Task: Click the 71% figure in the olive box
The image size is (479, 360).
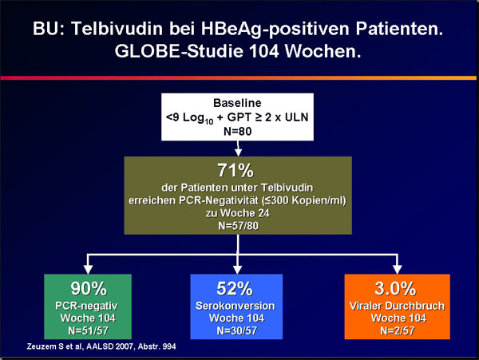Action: [236, 170]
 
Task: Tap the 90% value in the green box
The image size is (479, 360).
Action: [89, 288]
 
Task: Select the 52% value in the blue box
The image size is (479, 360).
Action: [235, 288]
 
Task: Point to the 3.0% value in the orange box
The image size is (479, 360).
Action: [395, 288]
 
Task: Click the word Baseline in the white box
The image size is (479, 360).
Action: [237, 103]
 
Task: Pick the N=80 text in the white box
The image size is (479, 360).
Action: [237, 131]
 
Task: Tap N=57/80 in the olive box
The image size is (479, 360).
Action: [238, 226]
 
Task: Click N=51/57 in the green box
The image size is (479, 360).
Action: [88, 330]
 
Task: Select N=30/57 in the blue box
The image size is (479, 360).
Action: [237, 330]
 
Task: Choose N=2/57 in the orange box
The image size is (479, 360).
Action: [397, 330]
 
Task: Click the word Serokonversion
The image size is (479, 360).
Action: [236, 306]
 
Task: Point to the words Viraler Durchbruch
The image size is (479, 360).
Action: [397, 306]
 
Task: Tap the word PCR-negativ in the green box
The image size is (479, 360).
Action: [86, 306]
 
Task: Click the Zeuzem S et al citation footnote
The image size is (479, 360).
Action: [101, 346]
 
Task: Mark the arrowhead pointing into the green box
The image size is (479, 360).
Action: [88, 269]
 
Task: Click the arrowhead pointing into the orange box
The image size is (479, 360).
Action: [397, 269]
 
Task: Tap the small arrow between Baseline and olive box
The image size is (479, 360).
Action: [238, 148]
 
